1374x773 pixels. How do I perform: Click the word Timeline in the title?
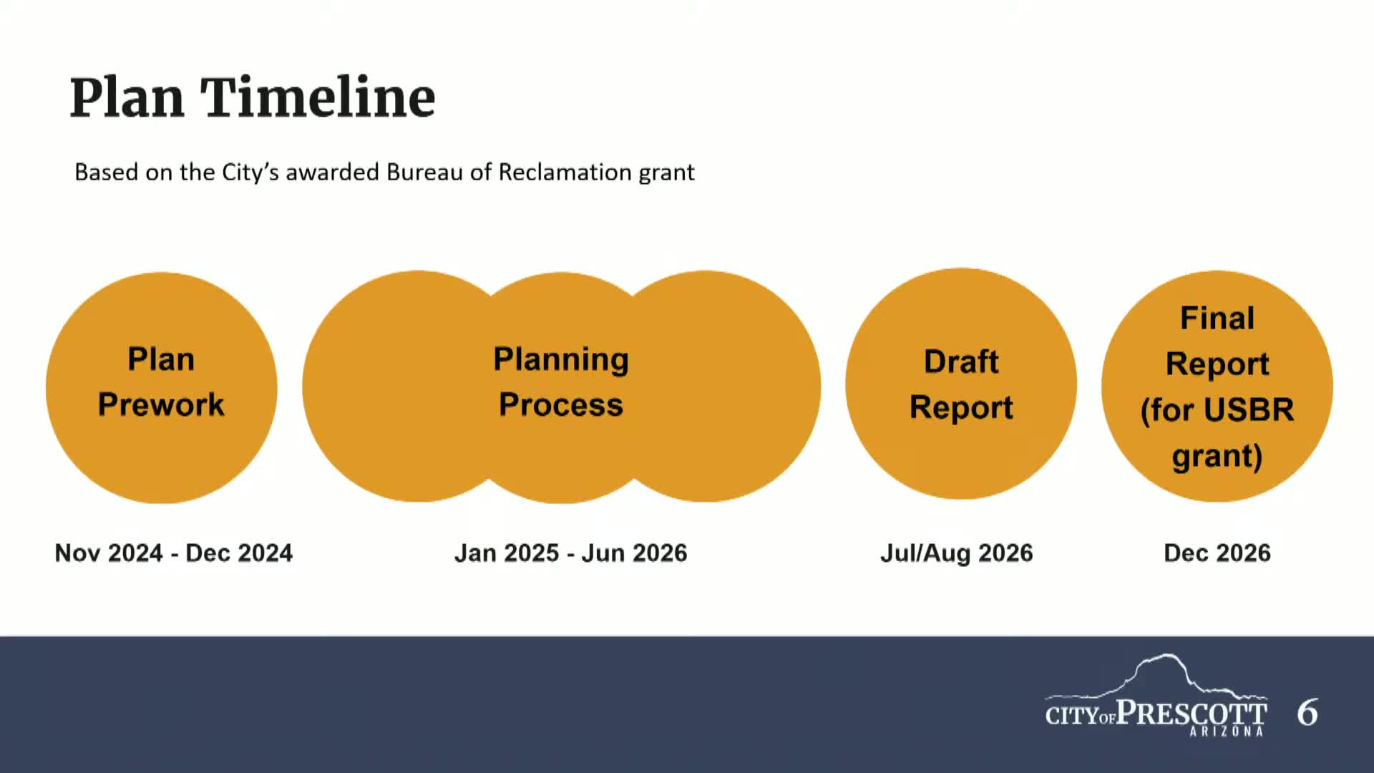(318, 98)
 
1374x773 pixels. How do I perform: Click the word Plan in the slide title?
(127, 98)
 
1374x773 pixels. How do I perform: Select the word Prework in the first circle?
(161, 404)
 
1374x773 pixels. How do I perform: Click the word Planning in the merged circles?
(561, 359)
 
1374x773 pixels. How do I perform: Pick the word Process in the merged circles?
(561, 404)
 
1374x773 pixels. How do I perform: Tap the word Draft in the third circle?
(960, 361)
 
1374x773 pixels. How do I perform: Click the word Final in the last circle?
(1217, 318)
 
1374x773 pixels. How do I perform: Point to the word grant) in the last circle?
(1217, 456)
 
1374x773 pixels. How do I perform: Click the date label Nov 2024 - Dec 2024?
(174, 553)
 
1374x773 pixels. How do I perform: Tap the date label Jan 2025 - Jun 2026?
(570, 553)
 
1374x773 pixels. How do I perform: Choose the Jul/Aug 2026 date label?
(956, 553)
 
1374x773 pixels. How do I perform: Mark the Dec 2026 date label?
(1217, 553)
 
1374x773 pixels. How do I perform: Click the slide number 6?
(1307, 713)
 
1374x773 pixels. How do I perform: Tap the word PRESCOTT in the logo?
(1192, 713)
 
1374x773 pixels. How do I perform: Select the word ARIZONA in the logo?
(1227, 731)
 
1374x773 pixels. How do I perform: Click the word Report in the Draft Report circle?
(960, 407)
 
